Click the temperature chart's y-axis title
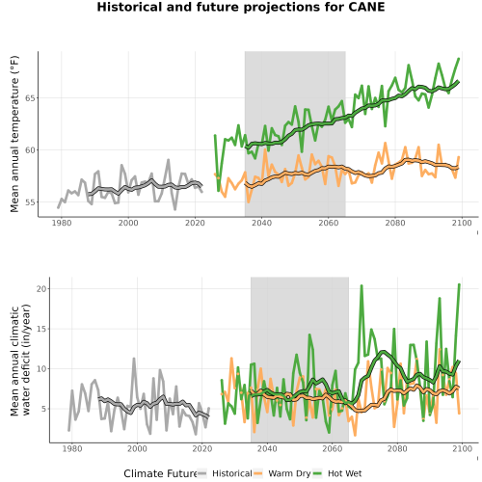click(x=14, y=134)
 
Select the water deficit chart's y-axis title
click(x=20, y=360)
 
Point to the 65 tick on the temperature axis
click(x=30, y=97)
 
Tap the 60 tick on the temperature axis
click(x=30, y=149)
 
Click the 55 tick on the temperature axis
click(x=30, y=202)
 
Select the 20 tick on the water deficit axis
click(x=41, y=288)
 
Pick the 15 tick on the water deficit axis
click(x=41, y=329)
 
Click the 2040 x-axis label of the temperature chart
click(x=261, y=223)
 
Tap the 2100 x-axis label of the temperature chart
click(x=462, y=223)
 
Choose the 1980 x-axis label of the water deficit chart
click(x=71, y=448)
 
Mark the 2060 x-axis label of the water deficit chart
click(x=333, y=448)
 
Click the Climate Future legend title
click(x=160, y=473)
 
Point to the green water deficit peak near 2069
click(x=361, y=285)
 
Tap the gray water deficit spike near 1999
click(x=134, y=359)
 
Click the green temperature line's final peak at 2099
click(x=459, y=59)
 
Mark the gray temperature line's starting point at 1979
click(x=58, y=207)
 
